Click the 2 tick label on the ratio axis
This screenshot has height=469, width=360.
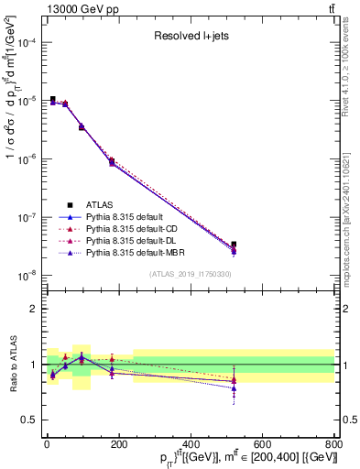[33, 309]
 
